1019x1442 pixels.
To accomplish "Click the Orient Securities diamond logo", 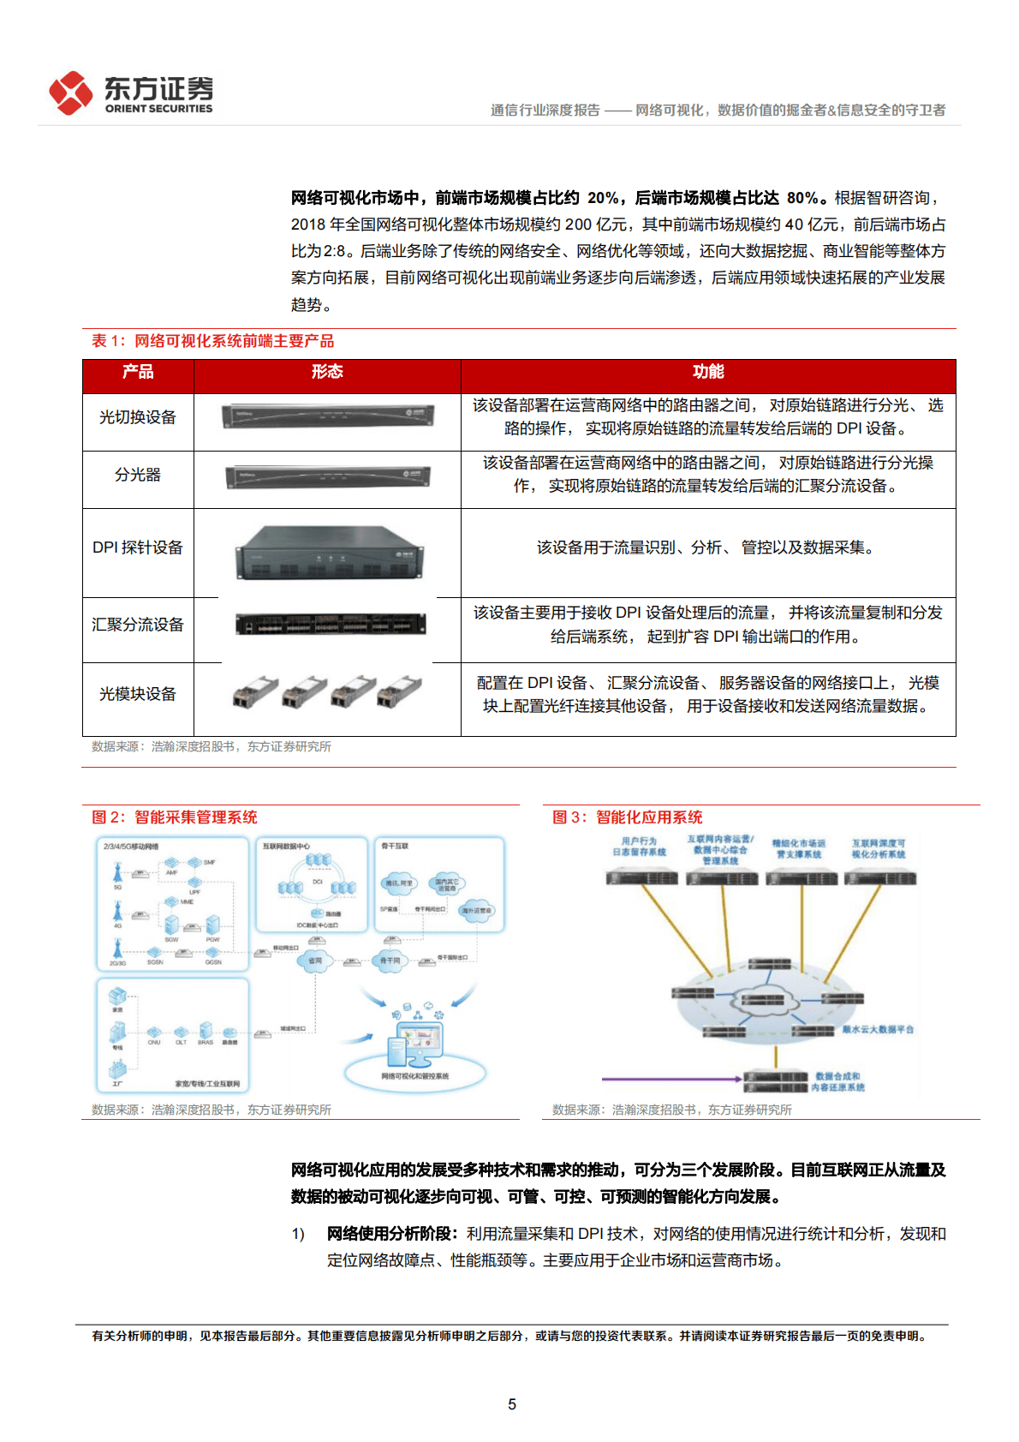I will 70,93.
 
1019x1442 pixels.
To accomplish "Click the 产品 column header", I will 138,372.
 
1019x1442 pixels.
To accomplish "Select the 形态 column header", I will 327,372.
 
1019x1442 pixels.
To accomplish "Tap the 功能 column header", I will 708,372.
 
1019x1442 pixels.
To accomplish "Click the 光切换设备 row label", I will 138,417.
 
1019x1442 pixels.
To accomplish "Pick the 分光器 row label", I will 138,475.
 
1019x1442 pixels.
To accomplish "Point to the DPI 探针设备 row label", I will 138,547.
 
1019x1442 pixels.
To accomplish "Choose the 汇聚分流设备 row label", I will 138,625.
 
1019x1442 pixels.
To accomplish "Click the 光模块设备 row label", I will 138,694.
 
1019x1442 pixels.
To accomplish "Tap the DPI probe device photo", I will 330,553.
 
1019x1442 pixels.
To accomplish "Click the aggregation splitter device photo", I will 330,625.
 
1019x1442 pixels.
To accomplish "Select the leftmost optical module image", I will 255,691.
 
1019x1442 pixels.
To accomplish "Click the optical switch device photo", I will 327,416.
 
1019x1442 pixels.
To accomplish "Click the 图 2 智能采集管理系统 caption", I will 175,817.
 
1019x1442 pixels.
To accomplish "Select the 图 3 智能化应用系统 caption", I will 628,817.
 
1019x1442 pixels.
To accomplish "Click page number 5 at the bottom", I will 512,1404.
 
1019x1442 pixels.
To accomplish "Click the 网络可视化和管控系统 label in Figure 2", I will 414,1076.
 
